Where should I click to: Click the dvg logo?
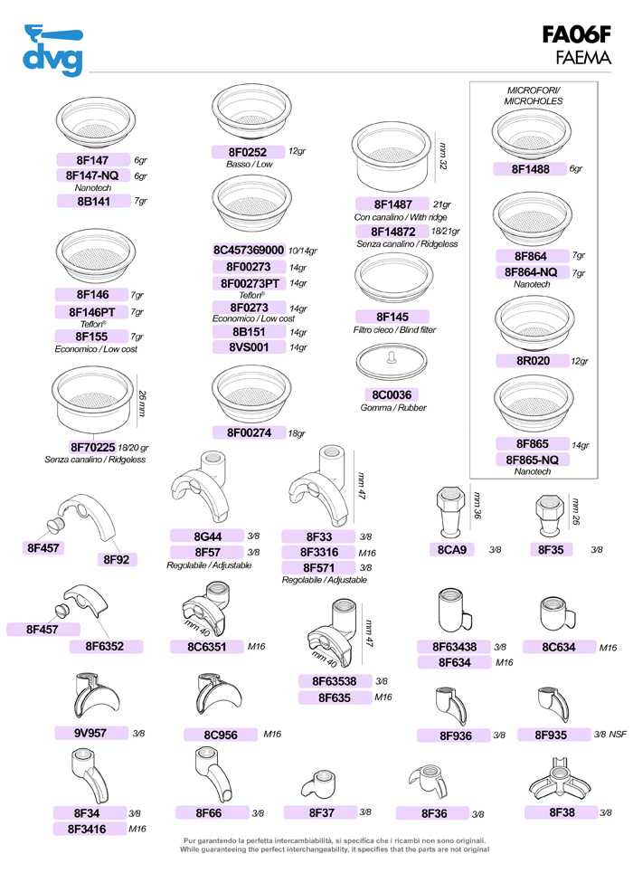[x=52, y=51]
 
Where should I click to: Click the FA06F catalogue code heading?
[x=576, y=35]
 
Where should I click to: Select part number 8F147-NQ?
[x=92, y=176]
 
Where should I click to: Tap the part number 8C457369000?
[x=249, y=250]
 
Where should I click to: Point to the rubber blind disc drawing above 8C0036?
[x=392, y=361]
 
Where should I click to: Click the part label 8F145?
[x=392, y=317]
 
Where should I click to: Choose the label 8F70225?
[x=92, y=447]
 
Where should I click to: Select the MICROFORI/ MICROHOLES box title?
[x=534, y=96]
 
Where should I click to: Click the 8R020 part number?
[x=533, y=361]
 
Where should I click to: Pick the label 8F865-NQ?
[x=533, y=460]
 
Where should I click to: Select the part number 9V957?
[x=90, y=734]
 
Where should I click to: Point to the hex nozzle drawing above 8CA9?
[x=451, y=512]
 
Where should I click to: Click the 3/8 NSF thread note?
[x=610, y=735]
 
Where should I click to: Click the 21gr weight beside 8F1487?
[x=442, y=204]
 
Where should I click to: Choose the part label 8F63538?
[x=335, y=681]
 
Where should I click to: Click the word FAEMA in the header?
[x=583, y=57]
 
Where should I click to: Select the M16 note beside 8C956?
[x=272, y=735]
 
